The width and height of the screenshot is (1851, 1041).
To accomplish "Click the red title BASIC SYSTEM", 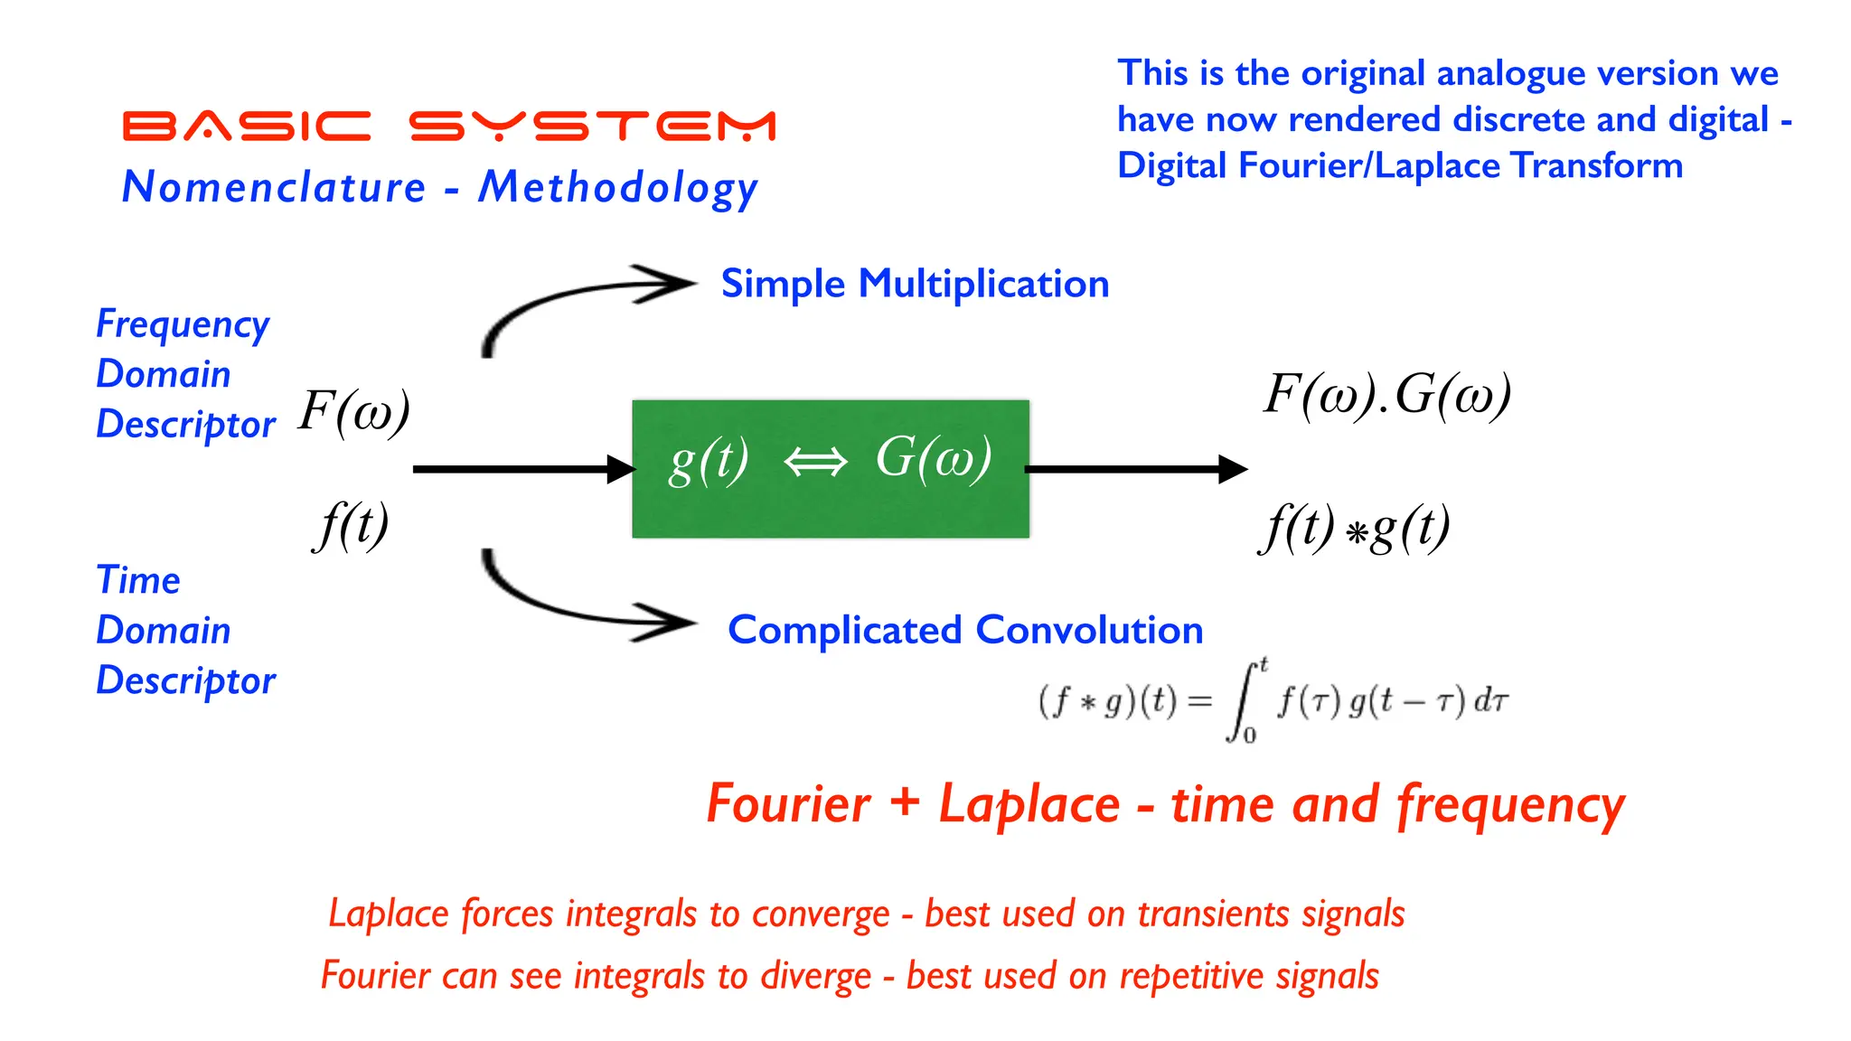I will coord(448,126).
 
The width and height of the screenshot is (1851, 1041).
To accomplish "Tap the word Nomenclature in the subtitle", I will coord(274,187).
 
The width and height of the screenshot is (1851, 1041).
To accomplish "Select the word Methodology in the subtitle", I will coord(618,189).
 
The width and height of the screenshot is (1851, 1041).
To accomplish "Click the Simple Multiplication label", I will coord(915,284).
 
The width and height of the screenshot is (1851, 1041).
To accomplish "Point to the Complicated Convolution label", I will coord(965,630).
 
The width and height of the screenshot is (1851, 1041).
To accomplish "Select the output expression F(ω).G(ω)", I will coord(1386,395).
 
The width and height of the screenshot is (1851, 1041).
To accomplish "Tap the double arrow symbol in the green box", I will coord(815,462).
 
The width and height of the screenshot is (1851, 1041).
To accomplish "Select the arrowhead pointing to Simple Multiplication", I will coord(669,284).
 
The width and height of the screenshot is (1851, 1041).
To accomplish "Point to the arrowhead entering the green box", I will coord(622,469).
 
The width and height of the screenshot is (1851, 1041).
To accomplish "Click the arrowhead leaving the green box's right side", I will coord(1232,469).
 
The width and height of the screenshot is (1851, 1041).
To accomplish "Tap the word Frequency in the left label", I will coord(183,324).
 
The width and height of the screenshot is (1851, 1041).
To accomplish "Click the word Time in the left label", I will coord(138,580).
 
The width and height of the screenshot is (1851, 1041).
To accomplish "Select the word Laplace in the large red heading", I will coord(1029,803).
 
